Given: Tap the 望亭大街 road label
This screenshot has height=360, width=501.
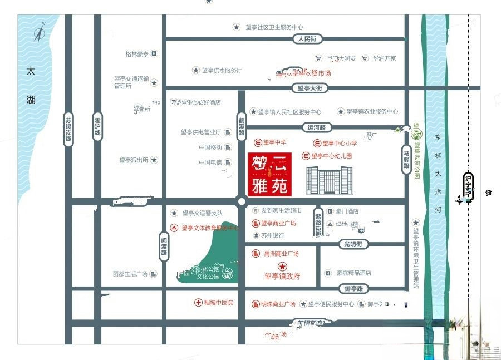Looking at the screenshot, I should (x=310, y=88).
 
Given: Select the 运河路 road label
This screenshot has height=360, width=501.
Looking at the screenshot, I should (x=318, y=127).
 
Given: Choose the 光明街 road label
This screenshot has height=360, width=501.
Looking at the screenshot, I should (x=352, y=244).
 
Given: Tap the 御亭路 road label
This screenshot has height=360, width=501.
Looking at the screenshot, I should (x=353, y=289).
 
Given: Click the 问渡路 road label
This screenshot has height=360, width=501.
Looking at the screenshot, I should (x=164, y=244).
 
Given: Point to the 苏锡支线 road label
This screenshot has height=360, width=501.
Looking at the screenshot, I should (x=68, y=129).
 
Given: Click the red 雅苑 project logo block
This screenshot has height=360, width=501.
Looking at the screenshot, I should (x=268, y=174).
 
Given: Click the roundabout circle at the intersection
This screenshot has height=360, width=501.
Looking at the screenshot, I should (x=242, y=202).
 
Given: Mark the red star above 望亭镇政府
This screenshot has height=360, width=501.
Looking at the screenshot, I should (x=282, y=267).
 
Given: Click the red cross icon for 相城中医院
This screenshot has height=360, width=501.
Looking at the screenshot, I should (x=198, y=303).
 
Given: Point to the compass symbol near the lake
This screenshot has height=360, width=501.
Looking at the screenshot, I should (x=39, y=35).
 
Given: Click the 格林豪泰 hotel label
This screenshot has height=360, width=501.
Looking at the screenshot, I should (x=137, y=54).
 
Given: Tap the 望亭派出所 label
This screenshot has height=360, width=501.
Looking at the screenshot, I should (x=134, y=160).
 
